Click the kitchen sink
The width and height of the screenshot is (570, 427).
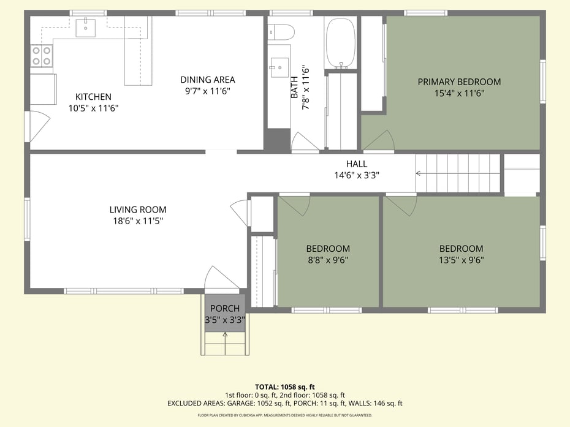pos(86,28)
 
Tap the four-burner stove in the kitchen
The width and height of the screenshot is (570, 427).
pos(42,56)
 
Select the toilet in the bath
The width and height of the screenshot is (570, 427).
pos(281,32)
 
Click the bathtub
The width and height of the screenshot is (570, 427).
pos(340,43)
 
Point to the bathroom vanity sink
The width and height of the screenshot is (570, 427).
pos(279,67)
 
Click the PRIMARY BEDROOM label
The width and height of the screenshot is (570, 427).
pos(459,81)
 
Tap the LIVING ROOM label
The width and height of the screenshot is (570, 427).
pos(138,210)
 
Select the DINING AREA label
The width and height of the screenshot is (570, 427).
pos(208,80)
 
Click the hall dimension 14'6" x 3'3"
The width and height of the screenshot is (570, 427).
pos(357,176)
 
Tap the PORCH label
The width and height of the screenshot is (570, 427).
pos(225,309)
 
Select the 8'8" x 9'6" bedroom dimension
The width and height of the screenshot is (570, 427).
pos(328,260)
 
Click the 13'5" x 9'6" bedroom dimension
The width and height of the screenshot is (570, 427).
pos(462,260)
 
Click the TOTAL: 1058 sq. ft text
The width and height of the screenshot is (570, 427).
pos(284,387)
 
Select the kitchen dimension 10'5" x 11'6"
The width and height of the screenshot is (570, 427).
pos(93,108)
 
